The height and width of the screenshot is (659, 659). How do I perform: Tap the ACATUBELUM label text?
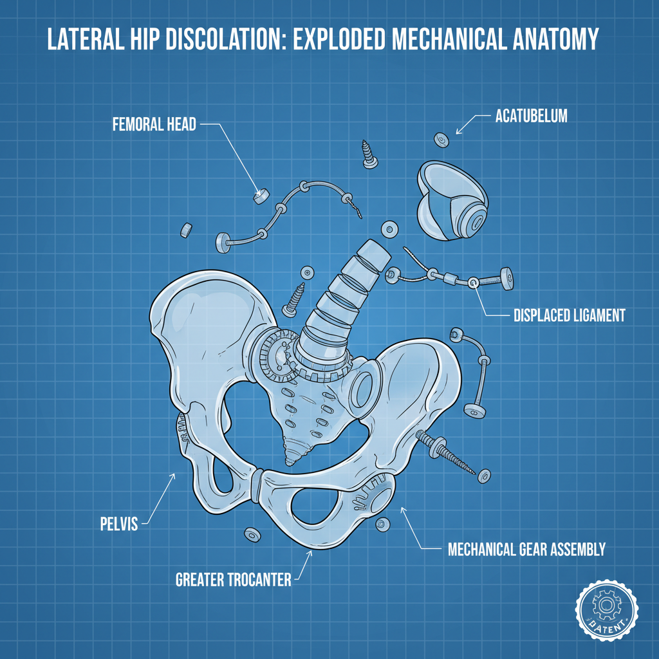(x=532, y=116)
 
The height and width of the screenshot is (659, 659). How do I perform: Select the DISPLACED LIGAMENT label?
(x=569, y=315)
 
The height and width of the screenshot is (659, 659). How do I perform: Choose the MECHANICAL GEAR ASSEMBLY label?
(x=526, y=549)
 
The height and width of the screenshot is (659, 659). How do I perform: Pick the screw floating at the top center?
(x=369, y=154)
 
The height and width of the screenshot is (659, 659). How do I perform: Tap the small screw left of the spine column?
(x=297, y=300)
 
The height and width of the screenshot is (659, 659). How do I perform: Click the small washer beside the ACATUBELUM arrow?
(x=441, y=140)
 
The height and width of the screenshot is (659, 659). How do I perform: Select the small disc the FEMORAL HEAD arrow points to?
(x=261, y=196)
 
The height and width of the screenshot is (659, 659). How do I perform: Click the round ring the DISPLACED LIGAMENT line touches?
(x=473, y=282)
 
